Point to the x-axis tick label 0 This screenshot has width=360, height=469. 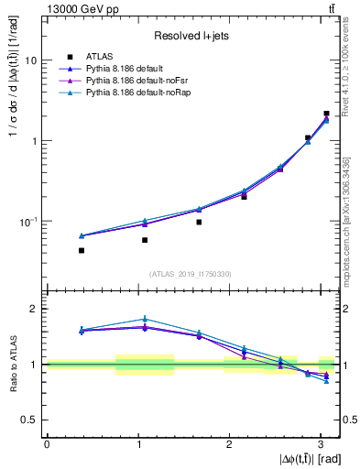click(x=47, y=442)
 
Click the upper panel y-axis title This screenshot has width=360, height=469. click(x=13, y=151)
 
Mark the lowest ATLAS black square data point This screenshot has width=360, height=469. click(x=82, y=250)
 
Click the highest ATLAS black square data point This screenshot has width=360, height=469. click(x=326, y=114)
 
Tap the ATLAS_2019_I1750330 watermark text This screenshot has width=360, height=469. click(x=191, y=274)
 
